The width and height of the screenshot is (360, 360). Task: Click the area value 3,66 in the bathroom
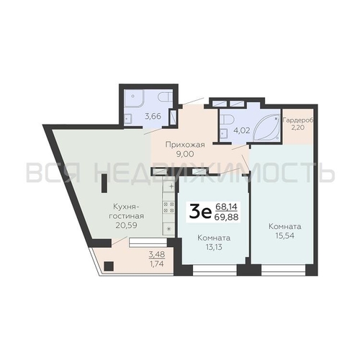[153, 117]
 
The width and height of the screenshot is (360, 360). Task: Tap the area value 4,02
[242, 130]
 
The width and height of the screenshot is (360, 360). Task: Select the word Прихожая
[185, 145]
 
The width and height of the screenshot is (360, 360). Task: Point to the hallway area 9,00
[185, 154]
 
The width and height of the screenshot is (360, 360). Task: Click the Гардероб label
[298, 120]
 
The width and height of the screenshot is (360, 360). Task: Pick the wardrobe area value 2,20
[298, 127]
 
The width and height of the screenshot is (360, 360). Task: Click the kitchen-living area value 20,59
[126, 225]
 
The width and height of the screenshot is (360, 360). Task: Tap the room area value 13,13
[214, 247]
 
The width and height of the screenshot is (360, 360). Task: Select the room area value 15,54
[285, 235]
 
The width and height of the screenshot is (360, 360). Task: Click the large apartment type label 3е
[200, 212]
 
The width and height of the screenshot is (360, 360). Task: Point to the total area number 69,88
[227, 217]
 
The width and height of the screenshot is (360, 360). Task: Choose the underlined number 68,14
[226, 206]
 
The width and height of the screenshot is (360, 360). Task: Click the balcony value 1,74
[156, 264]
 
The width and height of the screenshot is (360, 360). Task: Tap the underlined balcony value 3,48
[157, 254]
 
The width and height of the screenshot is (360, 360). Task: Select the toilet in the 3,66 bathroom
[165, 97]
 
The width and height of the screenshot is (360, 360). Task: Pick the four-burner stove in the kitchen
[168, 207]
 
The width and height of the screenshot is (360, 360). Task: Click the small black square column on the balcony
[109, 266]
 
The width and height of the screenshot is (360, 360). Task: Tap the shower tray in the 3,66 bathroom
[134, 99]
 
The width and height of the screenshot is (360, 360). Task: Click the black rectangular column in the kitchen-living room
[104, 184]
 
